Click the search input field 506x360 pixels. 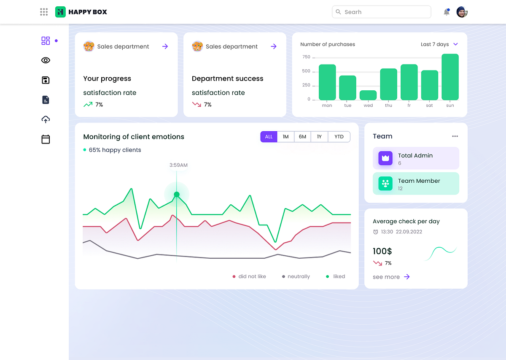(382, 12)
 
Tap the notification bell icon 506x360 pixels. (447, 12)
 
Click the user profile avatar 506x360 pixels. (462, 12)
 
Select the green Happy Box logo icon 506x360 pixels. (61, 12)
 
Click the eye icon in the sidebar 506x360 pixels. (46, 60)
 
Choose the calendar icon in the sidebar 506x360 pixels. (46, 139)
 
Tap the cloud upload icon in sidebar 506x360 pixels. (46, 120)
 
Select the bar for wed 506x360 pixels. (368, 95)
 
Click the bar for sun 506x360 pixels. (450, 77)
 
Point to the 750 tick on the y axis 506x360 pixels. (306, 57)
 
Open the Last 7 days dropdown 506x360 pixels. (439, 44)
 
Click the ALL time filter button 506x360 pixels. (269, 137)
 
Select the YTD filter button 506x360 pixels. (339, 137)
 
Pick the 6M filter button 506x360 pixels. (302, 137)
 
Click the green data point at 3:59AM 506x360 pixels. (177, 195)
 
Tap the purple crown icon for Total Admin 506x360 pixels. (385, 158)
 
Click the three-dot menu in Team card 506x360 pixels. (455, 136)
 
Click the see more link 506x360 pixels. (391, 277)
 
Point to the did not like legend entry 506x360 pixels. (249, 276)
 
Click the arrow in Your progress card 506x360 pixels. (165, 46)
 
